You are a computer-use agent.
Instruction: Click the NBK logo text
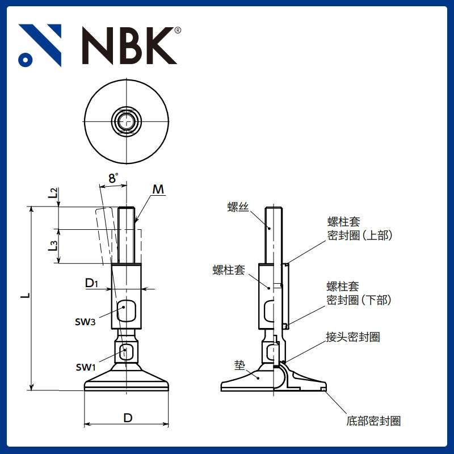tap(129, 45)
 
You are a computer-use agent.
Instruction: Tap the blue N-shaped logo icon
tap(40, 45)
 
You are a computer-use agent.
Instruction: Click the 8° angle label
tap(113, 178)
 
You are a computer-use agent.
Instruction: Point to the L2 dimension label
tap(53, 193)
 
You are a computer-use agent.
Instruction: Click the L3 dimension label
tap(53, 246)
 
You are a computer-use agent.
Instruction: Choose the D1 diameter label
tap(93, 283)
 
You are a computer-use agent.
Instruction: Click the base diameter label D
tap(128, 418)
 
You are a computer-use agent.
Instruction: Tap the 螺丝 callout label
tap(238, 208)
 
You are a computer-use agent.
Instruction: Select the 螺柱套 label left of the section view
tap(229, 270)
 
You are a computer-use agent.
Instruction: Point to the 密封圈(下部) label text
tap(359, 300)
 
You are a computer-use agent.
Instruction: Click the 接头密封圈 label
tap(352, 337)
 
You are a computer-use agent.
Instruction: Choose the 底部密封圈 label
tap(373, 421)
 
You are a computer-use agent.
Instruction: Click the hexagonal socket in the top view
tap(127, 120)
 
